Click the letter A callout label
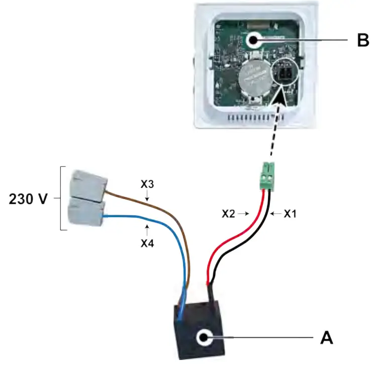[327, 337]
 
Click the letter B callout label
[362, 40]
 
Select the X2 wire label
[230, 214]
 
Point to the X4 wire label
[147, 243]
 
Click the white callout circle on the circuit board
[252, 39]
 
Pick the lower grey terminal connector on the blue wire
[86, 211]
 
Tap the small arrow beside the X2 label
[245, 214]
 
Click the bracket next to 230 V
[63, 199]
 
